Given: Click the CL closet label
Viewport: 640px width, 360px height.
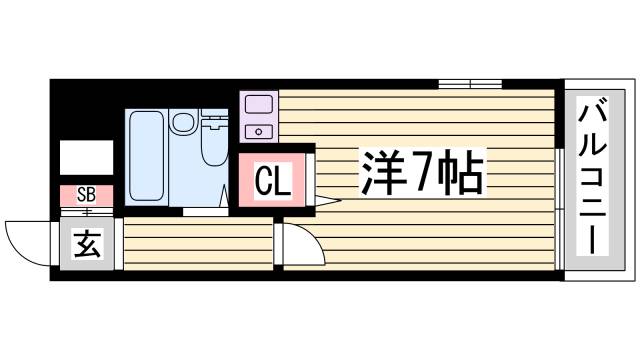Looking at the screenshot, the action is [272, 182].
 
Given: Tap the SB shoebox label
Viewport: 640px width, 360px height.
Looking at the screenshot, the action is [86, 194].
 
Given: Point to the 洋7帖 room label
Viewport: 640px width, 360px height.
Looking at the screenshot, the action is [420, 176].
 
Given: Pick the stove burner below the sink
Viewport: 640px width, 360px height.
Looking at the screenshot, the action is [259, 130].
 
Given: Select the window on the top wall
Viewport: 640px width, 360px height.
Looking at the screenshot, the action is [469, 84].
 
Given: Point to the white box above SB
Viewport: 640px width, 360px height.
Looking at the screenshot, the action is [86, 158].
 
